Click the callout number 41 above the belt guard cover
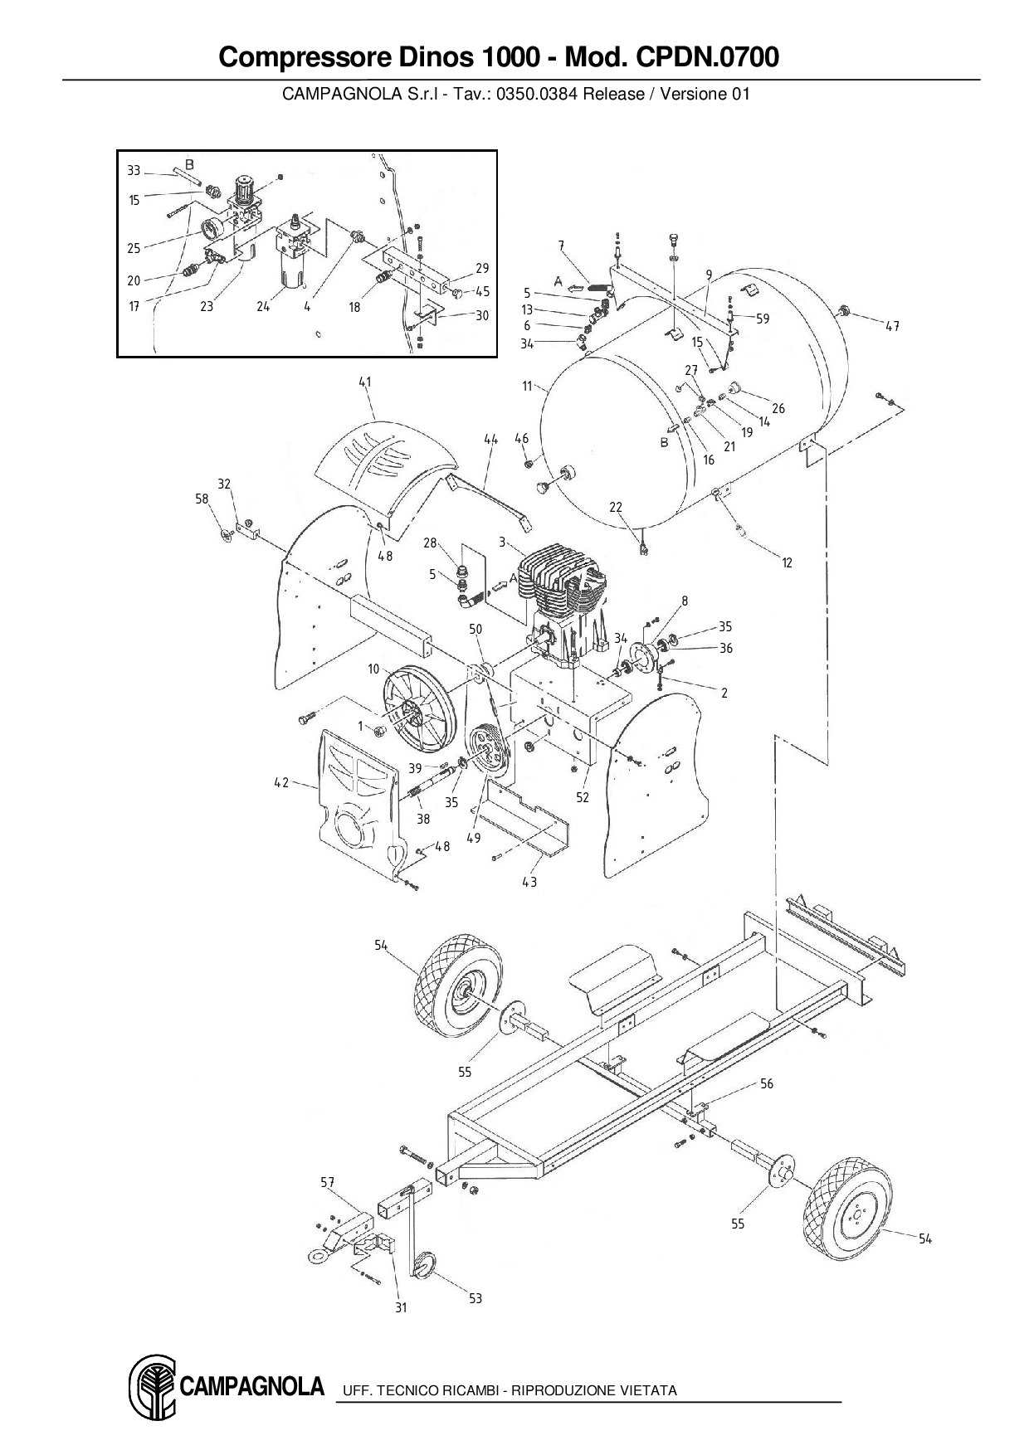pyautogui.click(x=365, y=382)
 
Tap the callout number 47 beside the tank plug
pyautogui.click(x=891, y=326)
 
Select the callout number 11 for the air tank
pyautogui.click(x=528, y=387)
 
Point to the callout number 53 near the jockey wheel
pyautogui.click(x=475, y=1298)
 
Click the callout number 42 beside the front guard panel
pyautogui.click(x=282, y=782)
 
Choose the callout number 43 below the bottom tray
pyautogui.click(x=529, y=882)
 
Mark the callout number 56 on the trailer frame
pyautogui.click(x=766, y=1083)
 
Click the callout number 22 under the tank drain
pyautogui.click(x=616, y=508)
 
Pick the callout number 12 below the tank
pyautogui.click(x=787, y=562)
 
